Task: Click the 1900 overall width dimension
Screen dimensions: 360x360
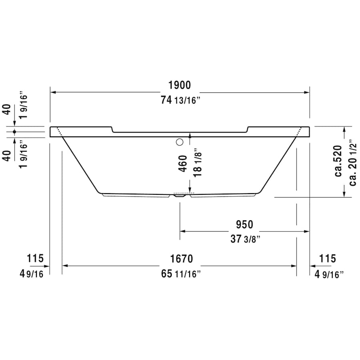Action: pyautogui.click(x=180, y=85)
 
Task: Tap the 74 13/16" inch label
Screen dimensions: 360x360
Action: pyautogui.click(x=180, y=101)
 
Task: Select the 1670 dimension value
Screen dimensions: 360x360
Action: pyautogui.click(x=182, y=259)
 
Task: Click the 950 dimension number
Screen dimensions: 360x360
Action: pyautogui.click(x=244, y=224)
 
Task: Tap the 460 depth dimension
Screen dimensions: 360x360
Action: pyautogui.click(x=183, y=163)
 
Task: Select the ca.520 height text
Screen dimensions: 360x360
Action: pyautogui.click(x=338, y=161)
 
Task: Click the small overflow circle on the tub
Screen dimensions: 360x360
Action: pyautogui.click(x=179, y=141)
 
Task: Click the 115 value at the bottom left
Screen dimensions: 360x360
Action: pyautogui.click(x=35, y=259)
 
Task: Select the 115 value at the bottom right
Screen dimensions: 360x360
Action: pyautogui.click(x=328, y=259)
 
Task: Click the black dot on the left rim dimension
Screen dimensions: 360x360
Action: pyautogui.click(x=15, y=132)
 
